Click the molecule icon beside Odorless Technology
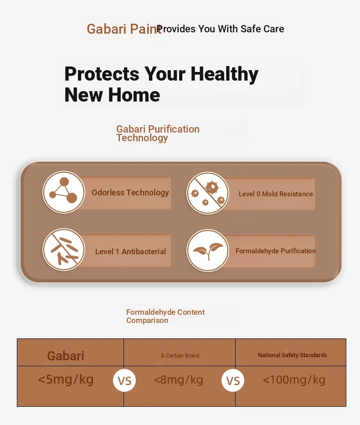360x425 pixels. pos(64,192)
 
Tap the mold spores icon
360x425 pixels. pos(208,193)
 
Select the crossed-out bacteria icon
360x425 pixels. pos(64,250)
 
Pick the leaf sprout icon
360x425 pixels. pos(208,251)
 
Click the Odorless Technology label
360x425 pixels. pos(130,193)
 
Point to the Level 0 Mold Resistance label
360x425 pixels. pos(276,194)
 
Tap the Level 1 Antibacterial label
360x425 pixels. pos(130,251)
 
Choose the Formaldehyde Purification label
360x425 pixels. pos(275,251)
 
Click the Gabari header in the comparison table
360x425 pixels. pos(66,356)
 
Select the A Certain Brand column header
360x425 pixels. pos(180,356)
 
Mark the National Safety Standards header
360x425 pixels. pos(292,355)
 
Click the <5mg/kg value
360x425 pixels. pos(66,379)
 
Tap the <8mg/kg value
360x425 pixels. pos(178,380)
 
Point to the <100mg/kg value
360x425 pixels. pos(294,379)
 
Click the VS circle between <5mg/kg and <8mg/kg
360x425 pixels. pos(124,380)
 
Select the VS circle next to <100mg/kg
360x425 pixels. pos(233,380)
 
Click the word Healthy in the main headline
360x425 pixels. pos(225,74)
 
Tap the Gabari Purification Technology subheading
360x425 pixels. pos(158,133)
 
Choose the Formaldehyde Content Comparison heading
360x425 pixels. pos(165,316)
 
